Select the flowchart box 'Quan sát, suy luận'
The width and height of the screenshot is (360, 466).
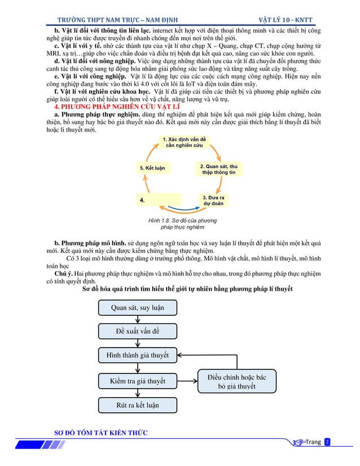138,307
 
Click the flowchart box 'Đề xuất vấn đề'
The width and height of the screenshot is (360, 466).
138,331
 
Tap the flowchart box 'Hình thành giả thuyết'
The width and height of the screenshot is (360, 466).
138,355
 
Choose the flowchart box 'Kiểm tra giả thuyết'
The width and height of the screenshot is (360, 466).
138,381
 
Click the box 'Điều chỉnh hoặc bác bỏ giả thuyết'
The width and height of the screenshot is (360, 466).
237,381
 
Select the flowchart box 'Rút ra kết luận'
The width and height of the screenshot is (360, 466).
138,405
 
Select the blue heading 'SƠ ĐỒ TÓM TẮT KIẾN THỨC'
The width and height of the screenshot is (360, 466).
100,433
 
